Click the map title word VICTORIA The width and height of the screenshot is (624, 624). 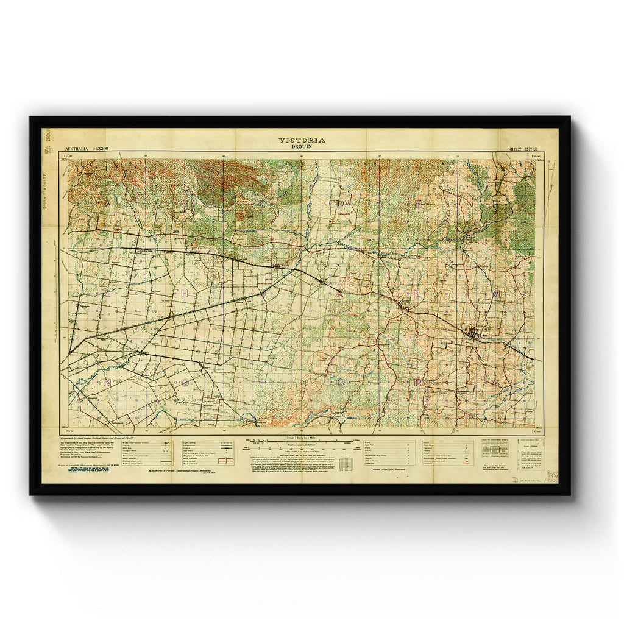pyautogui.click(x=302, y=140)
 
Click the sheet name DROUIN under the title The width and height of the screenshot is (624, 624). pyautogui.click(x=302, y=146)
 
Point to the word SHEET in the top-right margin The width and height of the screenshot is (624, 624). pyautogui.click(x=508, y=149)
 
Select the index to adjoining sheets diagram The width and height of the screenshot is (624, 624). pyautogui.click(x=494, y=448)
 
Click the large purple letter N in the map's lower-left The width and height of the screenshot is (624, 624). pyautogui.click(x=108, y=383)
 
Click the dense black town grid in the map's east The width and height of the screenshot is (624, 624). pyautogui.click(x=476, y=333)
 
